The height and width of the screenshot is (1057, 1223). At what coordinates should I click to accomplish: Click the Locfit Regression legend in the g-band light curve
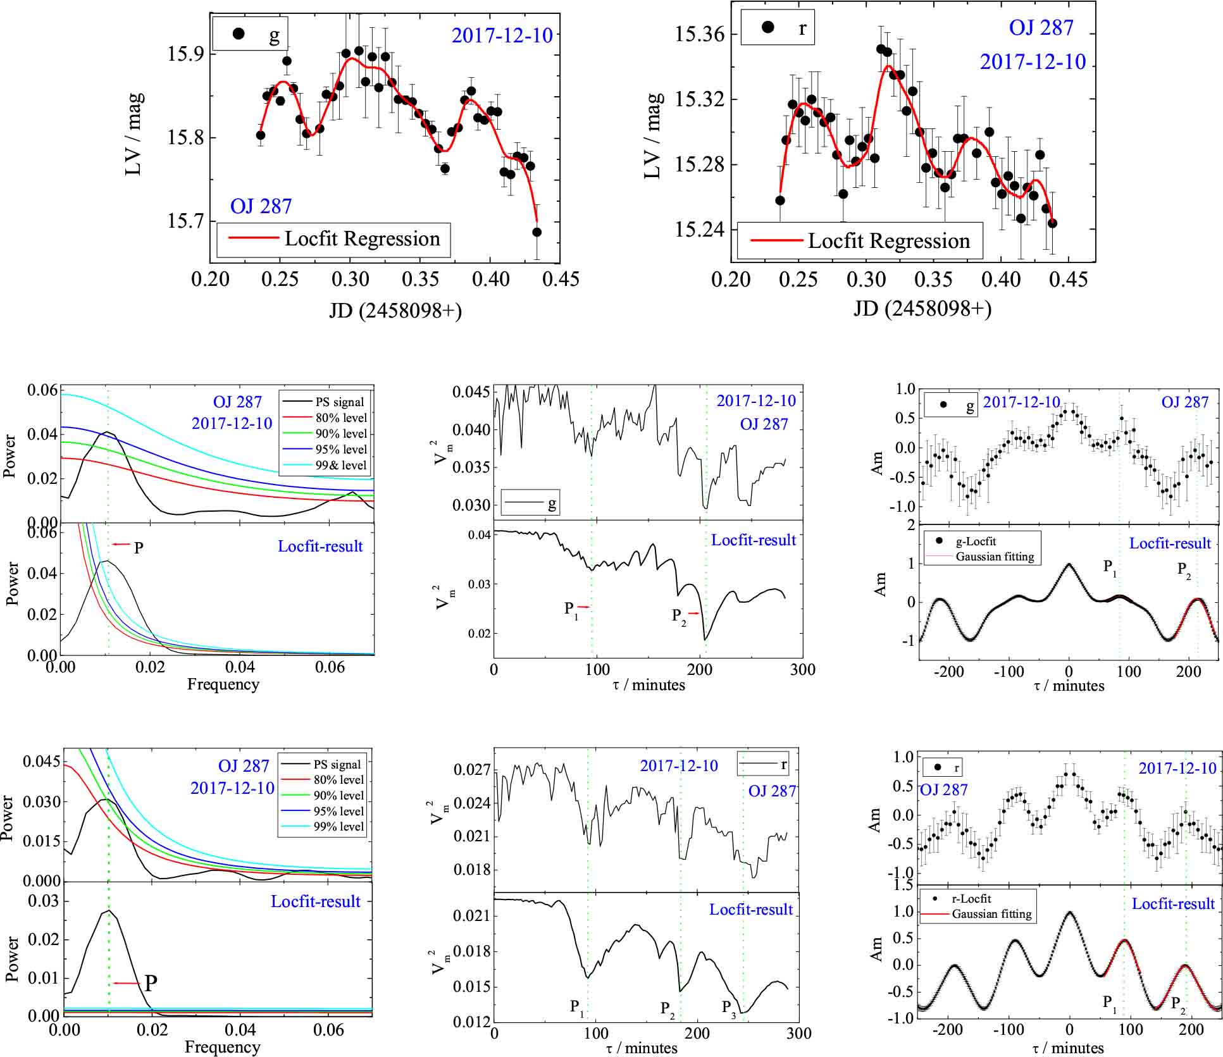click(x=333, y=239)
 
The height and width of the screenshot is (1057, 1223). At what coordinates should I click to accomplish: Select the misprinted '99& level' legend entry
click(x=341, y=466)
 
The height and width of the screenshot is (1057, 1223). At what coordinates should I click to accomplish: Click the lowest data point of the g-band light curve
click(x=537, y=232)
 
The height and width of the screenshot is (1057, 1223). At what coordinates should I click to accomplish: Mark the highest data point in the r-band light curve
click(x=881, y=49)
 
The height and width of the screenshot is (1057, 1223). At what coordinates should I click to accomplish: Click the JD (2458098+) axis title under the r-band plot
click(x=922, y=309)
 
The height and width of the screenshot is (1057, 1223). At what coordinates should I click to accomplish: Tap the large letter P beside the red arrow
click(x=151, y=983)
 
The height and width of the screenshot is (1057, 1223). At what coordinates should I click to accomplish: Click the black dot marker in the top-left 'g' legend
click(x=239, y=34)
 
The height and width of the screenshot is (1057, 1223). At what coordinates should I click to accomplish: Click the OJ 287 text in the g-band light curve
click(x=261, y=206)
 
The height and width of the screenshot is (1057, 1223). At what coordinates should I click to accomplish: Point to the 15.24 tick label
click(x=697, y=230)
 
